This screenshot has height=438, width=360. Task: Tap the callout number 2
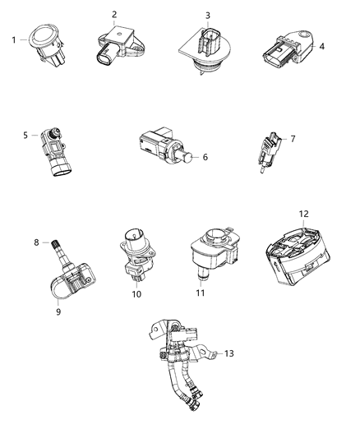pyautogui.click(x=114, y=14)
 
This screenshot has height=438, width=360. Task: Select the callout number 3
pyautogui.click(x=207, y=15)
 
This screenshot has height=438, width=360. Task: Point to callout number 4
pyautogui.click(x=322, y=46)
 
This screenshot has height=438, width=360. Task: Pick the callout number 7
pyautogui.click(x=292, y=139)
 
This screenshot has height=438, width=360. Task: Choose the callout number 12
pyautogui.click(x=303, y=214)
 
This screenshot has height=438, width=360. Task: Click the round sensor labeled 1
pyautogui.click(x=44, y=40)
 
